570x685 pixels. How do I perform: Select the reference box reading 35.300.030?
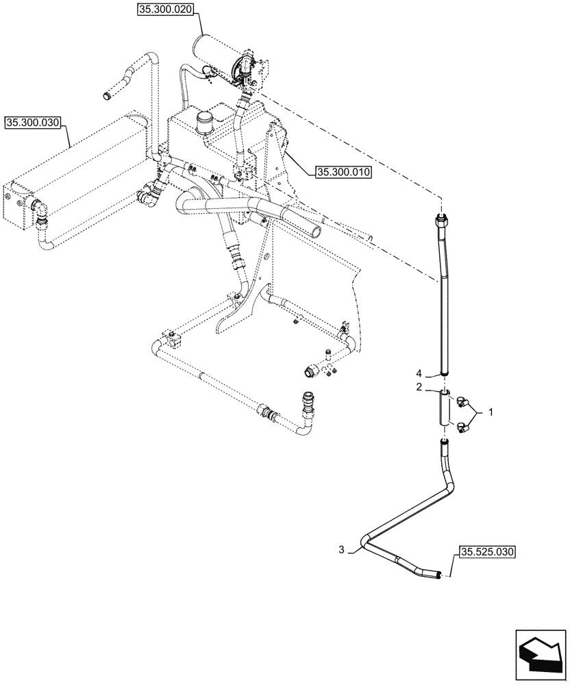(x=33, y=123)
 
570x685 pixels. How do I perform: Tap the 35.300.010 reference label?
(x=343, y=173)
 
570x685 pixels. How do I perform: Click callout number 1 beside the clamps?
(x=490, y=413)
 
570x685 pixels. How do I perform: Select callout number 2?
(x=418, y=387)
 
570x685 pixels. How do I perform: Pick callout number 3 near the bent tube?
(x=342, y=549)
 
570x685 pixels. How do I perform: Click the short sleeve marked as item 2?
(x=445, y=410)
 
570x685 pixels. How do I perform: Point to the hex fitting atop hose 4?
(x=441, y=220)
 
